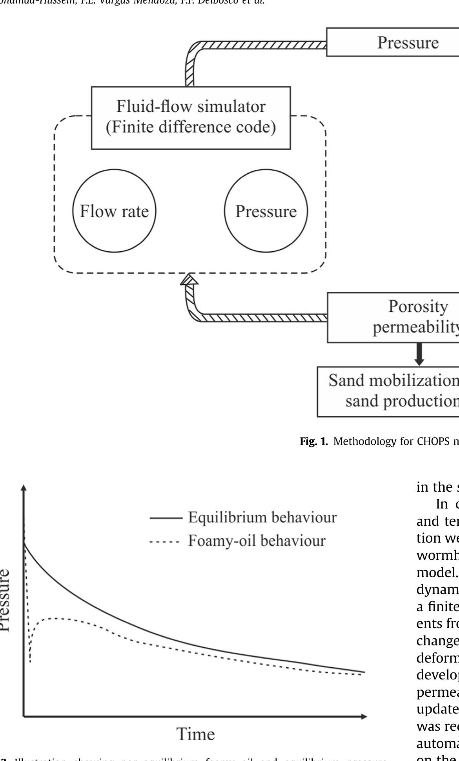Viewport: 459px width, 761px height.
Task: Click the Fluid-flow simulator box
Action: click(x=191, y=118)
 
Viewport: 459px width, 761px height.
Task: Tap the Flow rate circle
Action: click(x=114, y=211)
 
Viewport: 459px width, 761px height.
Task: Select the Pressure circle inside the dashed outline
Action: click(x=266, y=211)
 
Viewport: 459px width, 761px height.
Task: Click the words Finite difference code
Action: click(x=191, y=127)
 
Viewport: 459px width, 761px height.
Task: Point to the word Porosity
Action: click(x=418, y=307)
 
